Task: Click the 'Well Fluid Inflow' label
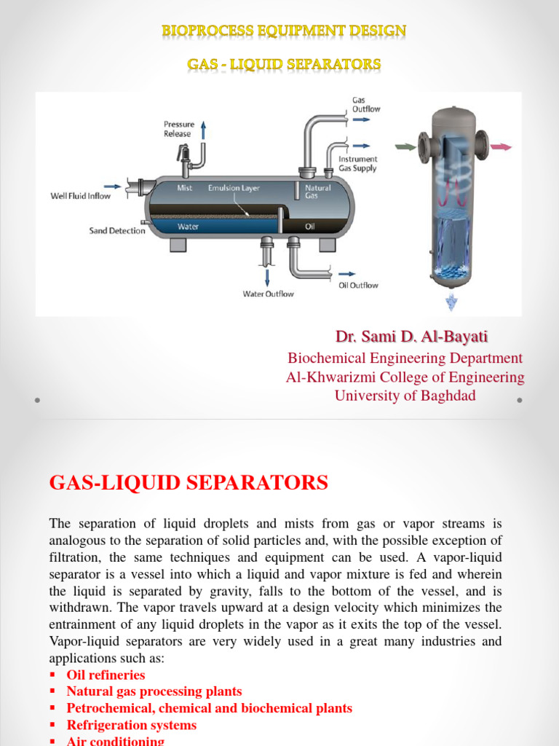[79, 195]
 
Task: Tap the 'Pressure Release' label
[178, 129]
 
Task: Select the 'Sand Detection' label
[117, 231]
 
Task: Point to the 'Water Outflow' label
[268, 294]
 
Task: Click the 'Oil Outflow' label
[358, 285]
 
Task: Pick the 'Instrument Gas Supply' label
[358, 162]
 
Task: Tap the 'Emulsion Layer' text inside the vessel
[234, 188]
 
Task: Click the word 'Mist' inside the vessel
[186, 188]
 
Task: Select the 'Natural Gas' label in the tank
[318, 192]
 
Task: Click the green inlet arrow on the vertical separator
[401, 146]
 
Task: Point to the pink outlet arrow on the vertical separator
[501, 146]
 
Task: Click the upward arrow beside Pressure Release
[203, 130]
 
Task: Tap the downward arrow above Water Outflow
[268, 277]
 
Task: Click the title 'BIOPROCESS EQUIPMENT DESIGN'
[284, 31]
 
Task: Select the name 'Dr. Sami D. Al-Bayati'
[411, 337]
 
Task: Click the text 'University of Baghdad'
[405, 396]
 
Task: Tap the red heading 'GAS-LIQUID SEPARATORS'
[189, 482]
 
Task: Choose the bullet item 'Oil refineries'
[106, 675]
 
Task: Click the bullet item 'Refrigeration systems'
[131, 725]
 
